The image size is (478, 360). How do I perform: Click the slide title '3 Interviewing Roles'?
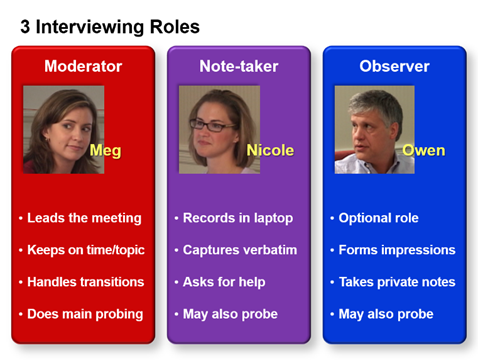point(110,27)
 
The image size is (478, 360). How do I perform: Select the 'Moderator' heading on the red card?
point(83,67)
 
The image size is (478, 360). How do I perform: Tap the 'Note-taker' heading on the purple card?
point(238,67)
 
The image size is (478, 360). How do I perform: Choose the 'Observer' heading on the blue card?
point(394,67)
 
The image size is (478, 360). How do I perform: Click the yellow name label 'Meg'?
point(105,151)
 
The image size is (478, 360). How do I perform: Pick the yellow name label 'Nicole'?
point(270,151)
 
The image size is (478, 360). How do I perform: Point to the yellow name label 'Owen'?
point(423,151)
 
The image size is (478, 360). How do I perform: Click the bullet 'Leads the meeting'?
point(84,218)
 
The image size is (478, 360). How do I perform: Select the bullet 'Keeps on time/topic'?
point(88,250)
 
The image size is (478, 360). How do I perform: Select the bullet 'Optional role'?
point(379,218)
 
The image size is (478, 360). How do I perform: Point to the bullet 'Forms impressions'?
point(397,250)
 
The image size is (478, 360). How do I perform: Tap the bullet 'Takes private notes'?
point(397,282)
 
